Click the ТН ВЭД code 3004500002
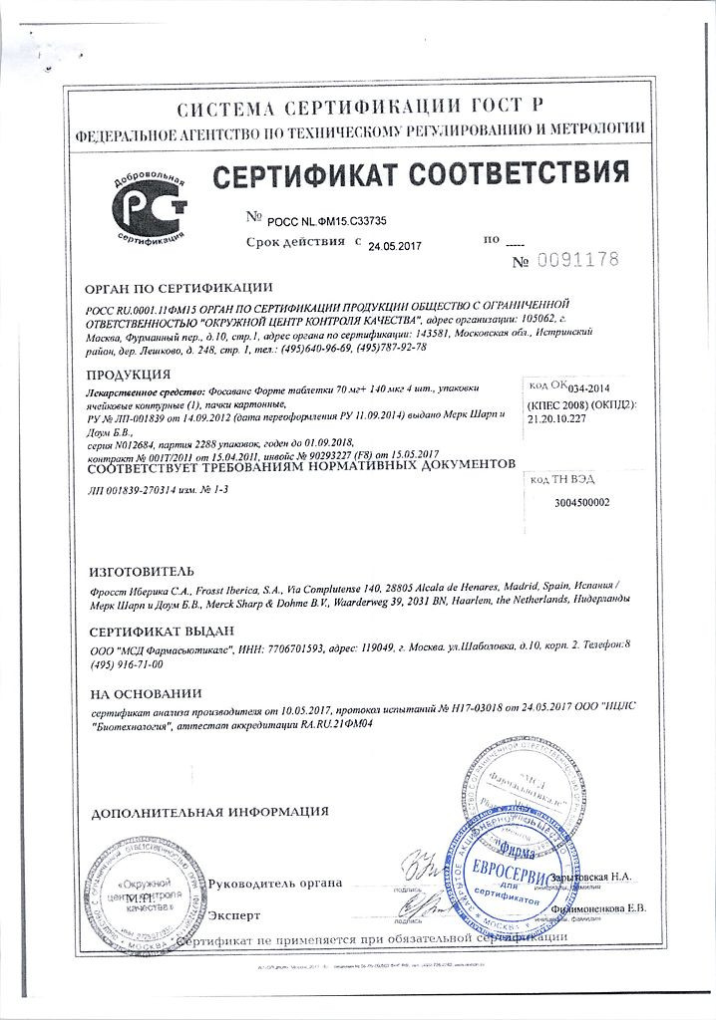[x=580, y=502]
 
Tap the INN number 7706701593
[x=303, y=649]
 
